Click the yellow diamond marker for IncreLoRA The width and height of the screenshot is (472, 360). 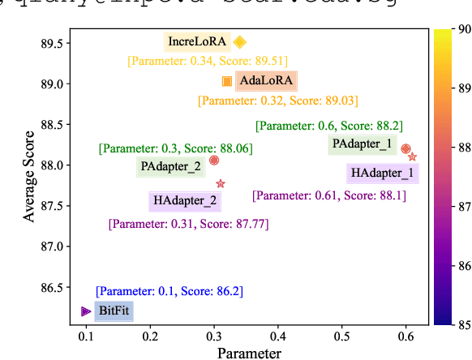pyautogui.click(x=239, y=42)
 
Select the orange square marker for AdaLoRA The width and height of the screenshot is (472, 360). pyautogui.click(x=227, y=81)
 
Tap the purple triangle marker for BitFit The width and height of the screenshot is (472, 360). pyautogui.click(x=86, y=311)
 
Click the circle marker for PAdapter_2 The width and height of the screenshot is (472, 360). pyautogui.click(x=214, y=161)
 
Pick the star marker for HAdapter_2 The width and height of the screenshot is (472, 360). pyautogui.click(x=221, y=184)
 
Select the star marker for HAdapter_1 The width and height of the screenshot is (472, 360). pyautogui.click(x=412, y=156)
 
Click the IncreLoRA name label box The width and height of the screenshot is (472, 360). pyautogui.click(x=197, y=41)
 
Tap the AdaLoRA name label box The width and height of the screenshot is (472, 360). pyautogui.click(x=267, y=81)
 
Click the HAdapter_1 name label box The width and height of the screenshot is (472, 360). pyautogui.click(x=382, y=173)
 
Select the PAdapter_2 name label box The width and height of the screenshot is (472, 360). pyautogui.click(x=171, y=167)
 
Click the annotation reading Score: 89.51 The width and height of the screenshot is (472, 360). pyautogui.click(x=207, y=61)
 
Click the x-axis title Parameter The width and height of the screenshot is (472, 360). pyautogui.click(x=249, y=353)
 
